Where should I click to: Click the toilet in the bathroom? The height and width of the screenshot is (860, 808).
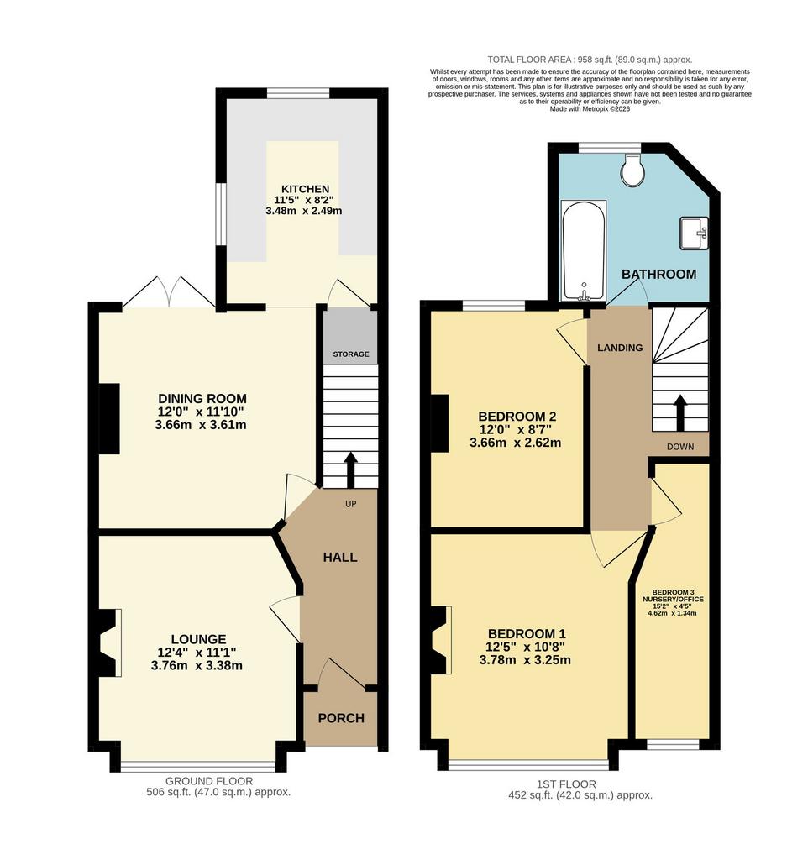[x=632, y=168]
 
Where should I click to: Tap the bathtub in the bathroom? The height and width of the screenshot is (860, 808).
[x=584, y=250]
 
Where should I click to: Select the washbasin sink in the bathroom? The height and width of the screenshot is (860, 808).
[x=695, y=233]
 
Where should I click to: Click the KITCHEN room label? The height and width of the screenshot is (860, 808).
[x=305, y=189]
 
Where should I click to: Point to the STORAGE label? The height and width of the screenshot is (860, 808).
[x=351, y=354]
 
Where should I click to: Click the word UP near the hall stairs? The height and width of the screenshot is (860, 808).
[x=350, y=504]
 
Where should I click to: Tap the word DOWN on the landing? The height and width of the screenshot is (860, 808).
[x=680, y=447]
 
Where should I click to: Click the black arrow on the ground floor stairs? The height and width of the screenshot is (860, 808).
[x=350, y=470]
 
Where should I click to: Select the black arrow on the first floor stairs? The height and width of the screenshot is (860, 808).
[x=679, y=412]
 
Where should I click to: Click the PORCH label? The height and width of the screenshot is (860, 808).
[x=341, y=718]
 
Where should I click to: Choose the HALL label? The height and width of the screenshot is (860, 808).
[x=340, y=558]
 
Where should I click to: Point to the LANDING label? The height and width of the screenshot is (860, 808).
[x=620, y=348]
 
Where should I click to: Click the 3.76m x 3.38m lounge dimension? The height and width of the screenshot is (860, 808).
[x=197, y=666]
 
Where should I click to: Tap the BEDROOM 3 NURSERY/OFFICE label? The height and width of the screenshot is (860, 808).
[x=673, y=596]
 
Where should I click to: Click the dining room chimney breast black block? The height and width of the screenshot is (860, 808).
[x=109, y=418]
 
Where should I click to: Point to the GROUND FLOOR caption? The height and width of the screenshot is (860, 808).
[x=209, y=781]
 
